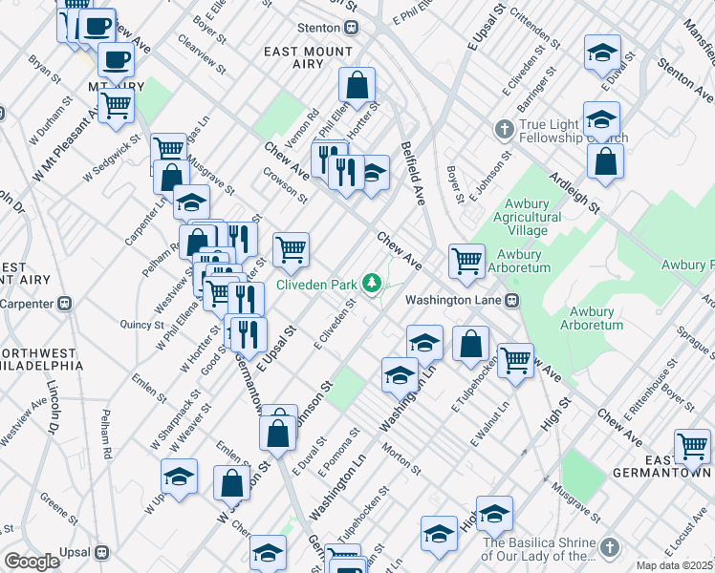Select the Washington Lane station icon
(511, 300)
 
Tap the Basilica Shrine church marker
(611, 546)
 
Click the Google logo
(32, 561)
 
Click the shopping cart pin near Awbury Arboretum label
(466, 260)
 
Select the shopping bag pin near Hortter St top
(357, 84)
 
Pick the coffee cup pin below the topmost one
(116, 60)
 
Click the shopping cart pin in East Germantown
(692, 445)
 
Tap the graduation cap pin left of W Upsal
(179, 476)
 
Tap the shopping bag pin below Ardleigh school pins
(606, 163)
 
